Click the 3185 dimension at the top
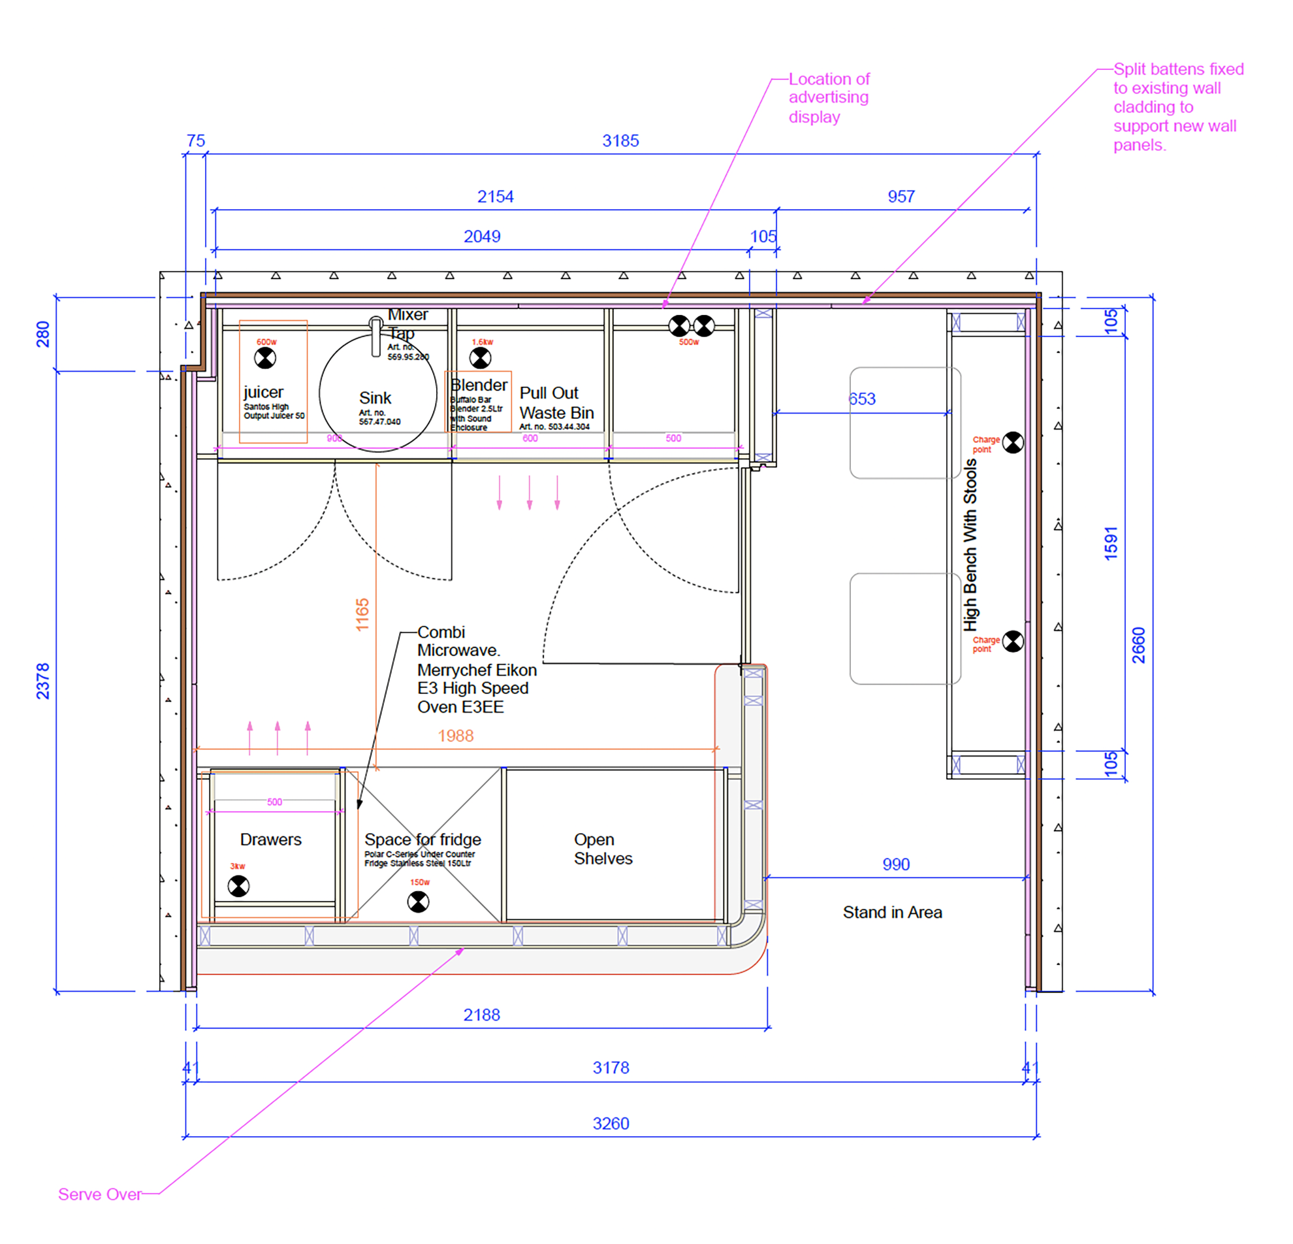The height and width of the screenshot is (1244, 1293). (620, 140)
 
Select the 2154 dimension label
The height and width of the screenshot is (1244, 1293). (495, 197)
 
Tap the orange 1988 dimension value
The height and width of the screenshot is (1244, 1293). (455, 736)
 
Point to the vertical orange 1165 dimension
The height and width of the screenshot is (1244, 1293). (362, 614)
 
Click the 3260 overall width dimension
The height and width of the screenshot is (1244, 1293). (610, 1124)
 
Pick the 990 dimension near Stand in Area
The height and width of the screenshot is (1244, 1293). (895, 864)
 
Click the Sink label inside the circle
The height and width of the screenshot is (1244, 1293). (375, 398)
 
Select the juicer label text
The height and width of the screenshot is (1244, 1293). (263, 392)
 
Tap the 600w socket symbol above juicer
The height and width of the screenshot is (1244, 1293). (265, 358)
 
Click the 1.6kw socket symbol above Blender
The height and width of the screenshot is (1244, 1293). (480, 358)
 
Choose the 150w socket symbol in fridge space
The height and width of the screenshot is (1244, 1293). (417, 902)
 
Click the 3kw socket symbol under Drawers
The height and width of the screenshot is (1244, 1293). (238, 886)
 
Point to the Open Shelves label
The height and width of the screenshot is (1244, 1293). (602, 849)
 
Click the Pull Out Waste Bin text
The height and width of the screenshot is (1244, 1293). (556, 402)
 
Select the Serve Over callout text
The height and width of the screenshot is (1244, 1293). (100, 1194)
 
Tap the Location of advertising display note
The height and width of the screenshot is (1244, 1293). (829, 97)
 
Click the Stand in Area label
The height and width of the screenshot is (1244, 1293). (892, 912)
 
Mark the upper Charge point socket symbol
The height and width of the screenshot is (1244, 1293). (1013, 442)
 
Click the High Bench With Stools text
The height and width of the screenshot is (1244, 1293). (970, 544)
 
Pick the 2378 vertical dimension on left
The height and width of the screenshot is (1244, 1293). (43, 681)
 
